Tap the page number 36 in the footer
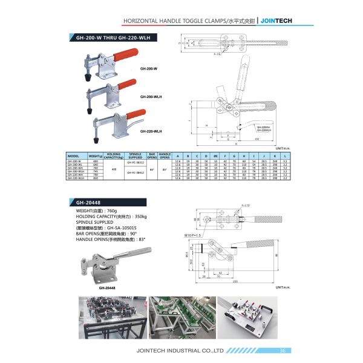point(283,350)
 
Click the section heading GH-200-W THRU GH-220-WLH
point(110,37)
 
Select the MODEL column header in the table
point(73,155)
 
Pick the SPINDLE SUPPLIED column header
point(136,155)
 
